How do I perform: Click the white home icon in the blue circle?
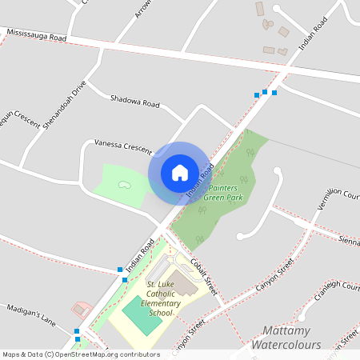tap(180, 172)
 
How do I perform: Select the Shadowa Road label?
tap(135, 101)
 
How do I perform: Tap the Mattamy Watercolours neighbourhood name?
tap(286, 337)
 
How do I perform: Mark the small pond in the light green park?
tap(125, 185)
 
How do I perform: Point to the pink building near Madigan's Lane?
tap(81, 309)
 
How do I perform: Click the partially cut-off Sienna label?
tap(349, 239)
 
